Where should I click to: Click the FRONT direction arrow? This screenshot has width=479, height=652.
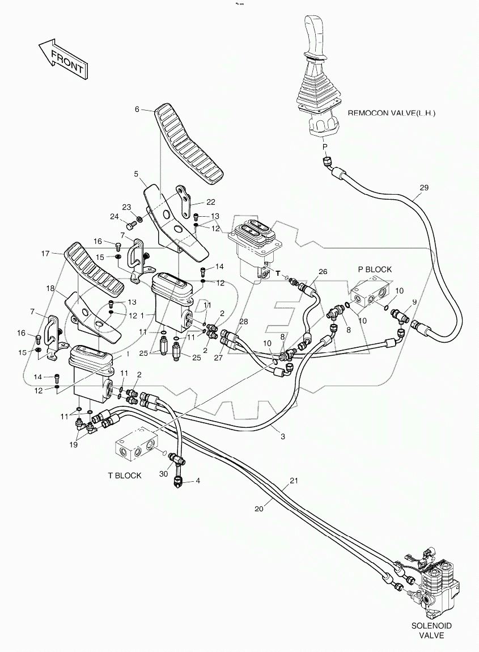click(x=61, y=58)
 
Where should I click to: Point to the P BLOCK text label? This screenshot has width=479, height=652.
click(x=375, y=269)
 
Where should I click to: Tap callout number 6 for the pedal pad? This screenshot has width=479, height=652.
click(x=137, y=110)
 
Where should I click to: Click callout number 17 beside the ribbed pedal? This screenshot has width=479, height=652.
click(x=45, y=253)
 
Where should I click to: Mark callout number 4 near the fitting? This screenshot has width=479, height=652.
click(x=198, y=481)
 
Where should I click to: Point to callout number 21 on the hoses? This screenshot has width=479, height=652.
click(x=294, y=481)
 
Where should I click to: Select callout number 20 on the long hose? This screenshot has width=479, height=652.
click(x=259, y=509)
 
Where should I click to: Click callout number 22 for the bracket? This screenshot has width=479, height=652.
click(x=194, y=202)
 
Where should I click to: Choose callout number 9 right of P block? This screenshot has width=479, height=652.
click(x=414, y=302)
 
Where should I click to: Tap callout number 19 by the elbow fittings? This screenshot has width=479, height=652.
click(x=73, y=445)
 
